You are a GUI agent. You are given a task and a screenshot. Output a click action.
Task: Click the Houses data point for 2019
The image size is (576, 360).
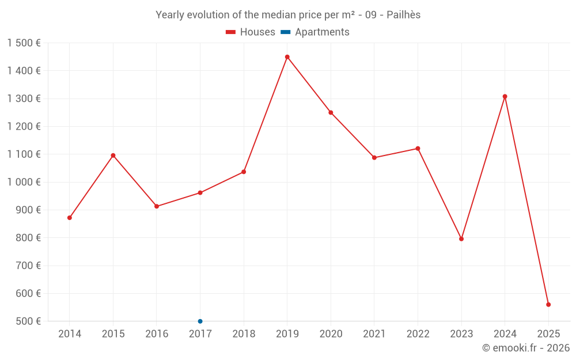287,57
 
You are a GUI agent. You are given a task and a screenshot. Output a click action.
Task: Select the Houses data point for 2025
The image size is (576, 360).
548,305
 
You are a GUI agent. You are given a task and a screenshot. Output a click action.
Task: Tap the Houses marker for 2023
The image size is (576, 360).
461,239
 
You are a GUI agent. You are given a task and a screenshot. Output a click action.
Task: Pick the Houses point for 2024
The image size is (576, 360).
505,97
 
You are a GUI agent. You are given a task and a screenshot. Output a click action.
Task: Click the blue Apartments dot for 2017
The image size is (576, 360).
200,321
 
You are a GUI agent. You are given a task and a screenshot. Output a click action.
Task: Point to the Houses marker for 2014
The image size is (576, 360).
70,218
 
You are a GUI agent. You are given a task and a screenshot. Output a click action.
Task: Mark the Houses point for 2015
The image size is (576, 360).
113,156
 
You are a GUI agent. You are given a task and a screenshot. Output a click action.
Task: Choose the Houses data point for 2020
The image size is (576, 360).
331,113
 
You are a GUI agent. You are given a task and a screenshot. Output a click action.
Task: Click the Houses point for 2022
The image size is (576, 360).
418,149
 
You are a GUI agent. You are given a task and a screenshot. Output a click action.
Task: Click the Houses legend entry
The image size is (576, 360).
251,32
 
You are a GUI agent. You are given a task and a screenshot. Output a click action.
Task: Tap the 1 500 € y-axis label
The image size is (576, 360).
24,43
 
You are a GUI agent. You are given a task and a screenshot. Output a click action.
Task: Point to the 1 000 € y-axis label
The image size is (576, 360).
24,182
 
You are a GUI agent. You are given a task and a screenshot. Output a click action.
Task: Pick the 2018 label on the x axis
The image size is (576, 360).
244,334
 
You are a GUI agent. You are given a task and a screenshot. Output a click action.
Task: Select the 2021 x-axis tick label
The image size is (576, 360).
374,334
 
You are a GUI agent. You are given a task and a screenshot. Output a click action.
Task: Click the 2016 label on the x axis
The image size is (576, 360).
157,334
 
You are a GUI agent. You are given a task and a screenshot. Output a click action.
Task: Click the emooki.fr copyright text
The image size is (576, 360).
526,348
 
